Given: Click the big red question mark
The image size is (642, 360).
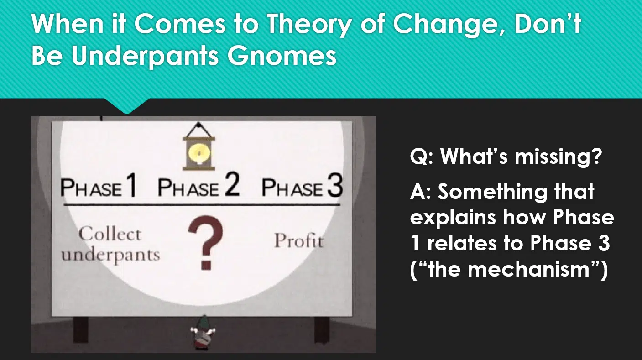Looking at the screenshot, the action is (x=205, y=242).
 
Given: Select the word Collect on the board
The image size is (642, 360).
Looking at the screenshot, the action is (x=110, y=234).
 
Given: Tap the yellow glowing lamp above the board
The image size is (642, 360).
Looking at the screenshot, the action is (x=199, y=152).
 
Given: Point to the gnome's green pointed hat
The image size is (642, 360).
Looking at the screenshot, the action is (x=204, y=321).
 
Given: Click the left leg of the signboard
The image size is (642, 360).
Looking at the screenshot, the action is (x=81, y=329).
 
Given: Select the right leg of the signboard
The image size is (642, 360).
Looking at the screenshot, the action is (x=322, y=329).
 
